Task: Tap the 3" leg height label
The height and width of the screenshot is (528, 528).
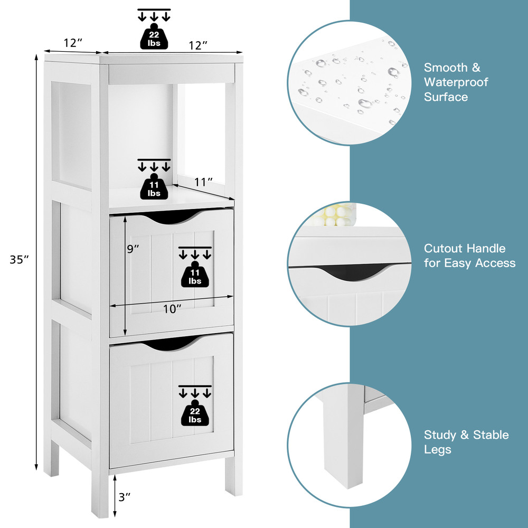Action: [x=125, y=496]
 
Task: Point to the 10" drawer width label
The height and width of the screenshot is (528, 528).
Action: [x=172, y=309]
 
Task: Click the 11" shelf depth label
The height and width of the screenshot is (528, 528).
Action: [x=203, y=182]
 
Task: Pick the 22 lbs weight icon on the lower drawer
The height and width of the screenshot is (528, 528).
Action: [x=195, y=412]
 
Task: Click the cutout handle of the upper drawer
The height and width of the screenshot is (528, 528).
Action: [x=172, y=216]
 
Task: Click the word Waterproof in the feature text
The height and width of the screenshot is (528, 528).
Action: [x=456, y=82]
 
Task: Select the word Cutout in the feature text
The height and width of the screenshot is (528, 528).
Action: [x=444, y=249]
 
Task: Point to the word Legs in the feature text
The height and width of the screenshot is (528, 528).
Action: [x=438, y=450]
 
